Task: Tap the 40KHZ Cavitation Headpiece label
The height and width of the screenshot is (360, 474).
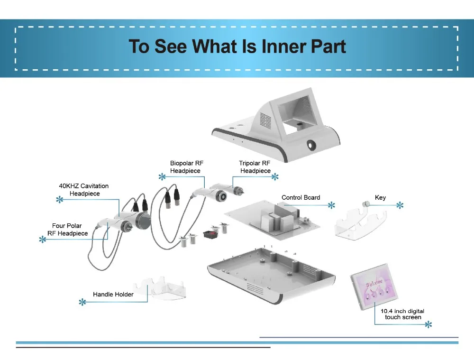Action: [x=83, y=190]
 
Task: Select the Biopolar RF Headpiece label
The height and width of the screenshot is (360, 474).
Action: [x=187, y=167]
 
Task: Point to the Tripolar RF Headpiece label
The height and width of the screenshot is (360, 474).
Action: [x=255, y=167]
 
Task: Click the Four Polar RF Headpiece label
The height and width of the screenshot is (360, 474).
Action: [x=68, y=230]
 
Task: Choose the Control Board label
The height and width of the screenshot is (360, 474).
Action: [x=301, y=197]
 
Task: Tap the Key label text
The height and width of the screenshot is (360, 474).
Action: [x=380, y=197]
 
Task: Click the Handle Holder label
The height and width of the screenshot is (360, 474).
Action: [x=113, y=295]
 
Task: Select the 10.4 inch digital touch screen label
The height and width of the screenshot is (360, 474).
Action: [x=402, y=314]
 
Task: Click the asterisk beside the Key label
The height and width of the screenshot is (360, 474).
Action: [x=400, y=205]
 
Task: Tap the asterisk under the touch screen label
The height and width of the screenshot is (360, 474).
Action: [x=428, y=324]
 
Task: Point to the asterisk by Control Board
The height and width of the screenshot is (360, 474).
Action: [x=331, y=205]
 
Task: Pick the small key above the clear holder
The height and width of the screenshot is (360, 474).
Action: [x=365, y=204]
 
